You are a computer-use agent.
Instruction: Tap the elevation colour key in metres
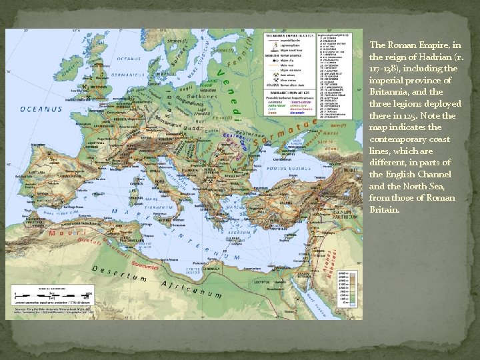tap(344, 293)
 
